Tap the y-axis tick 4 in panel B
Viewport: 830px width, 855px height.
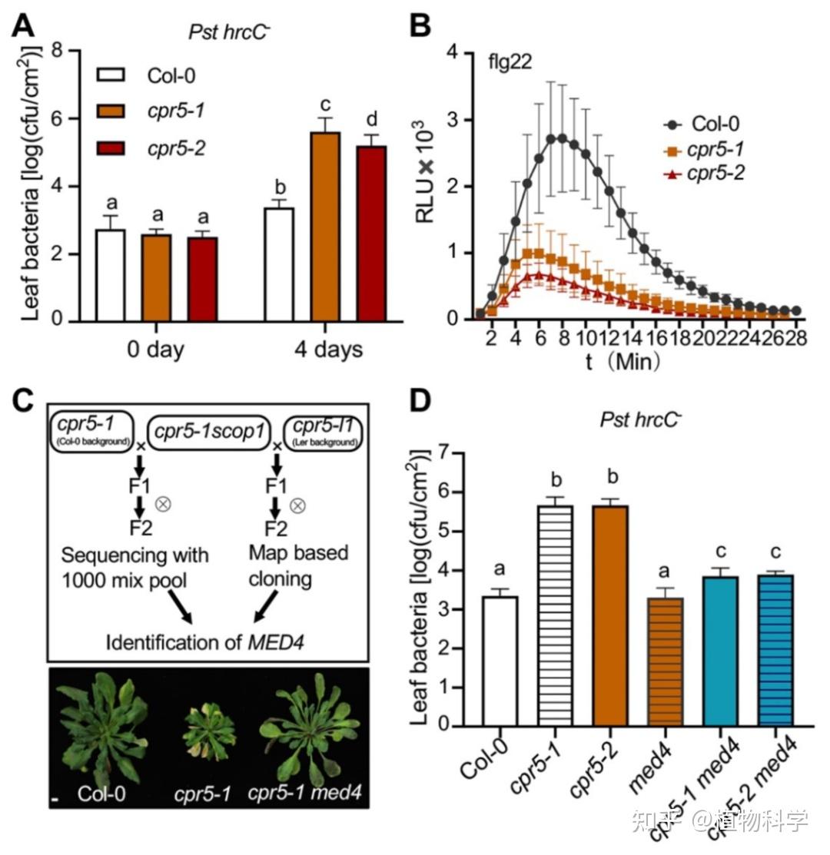coord(453,52)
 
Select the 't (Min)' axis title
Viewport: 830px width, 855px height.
coord(622,361)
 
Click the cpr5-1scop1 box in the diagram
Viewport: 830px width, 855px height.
coord(205,432)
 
